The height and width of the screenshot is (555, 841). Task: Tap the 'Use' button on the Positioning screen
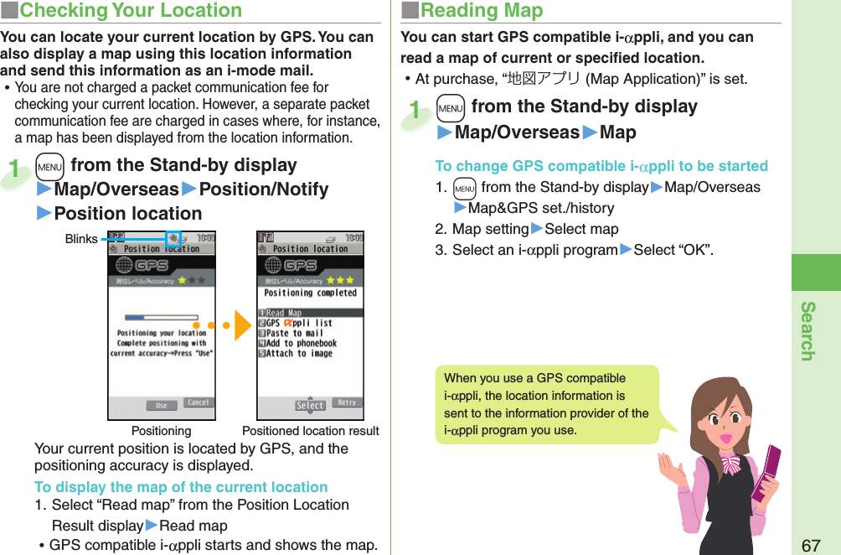click(x=161, y=405)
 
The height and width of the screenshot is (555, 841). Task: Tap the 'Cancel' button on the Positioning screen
click(x=198, y=403)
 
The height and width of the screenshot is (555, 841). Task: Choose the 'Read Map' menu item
click(x=285, y=313)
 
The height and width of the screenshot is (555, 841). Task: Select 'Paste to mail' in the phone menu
click(x=294, y=333)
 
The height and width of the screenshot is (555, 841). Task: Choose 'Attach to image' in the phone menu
click(x=298, y=354)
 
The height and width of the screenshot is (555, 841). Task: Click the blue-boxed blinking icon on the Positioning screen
click(x=173, y=239)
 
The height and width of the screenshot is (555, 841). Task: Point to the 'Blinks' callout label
click(x=81, y=239)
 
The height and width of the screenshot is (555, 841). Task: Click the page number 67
click(x=811, y=545)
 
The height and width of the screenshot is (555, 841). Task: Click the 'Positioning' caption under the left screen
click(x=161, y=431)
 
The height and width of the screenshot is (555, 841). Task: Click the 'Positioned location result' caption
click(x=310, y=431)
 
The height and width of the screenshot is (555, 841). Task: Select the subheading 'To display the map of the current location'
click(x=181, y=487)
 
